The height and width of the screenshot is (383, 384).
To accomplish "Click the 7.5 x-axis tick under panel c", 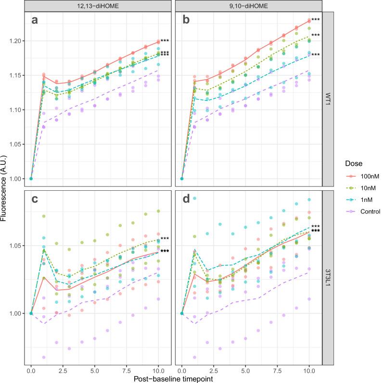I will [x=127, y=371].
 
